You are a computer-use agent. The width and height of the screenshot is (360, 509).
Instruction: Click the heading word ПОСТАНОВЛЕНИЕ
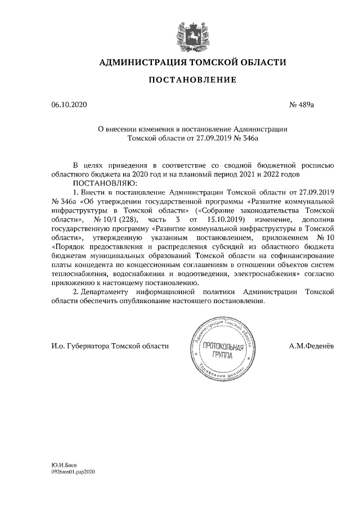click(x=192, y=80)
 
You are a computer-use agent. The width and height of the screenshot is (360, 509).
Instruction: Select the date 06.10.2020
click(x=66, y=105)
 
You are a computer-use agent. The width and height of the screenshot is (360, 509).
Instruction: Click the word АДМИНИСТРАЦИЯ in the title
click(x=142, y=62)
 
